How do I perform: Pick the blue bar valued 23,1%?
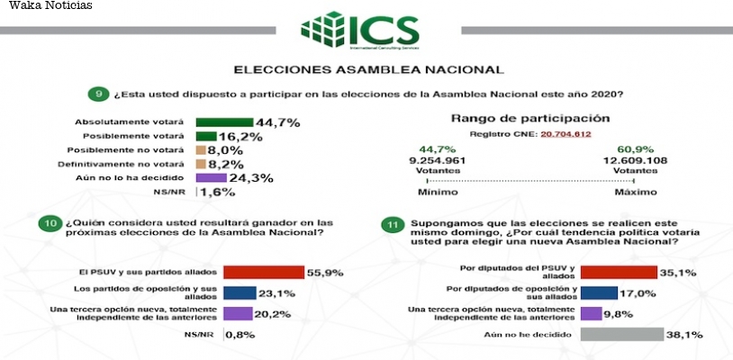coord(239,292)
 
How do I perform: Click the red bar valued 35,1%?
coord(619,271)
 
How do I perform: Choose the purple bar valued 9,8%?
coord(591,313)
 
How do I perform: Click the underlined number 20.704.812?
coord(565,134)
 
